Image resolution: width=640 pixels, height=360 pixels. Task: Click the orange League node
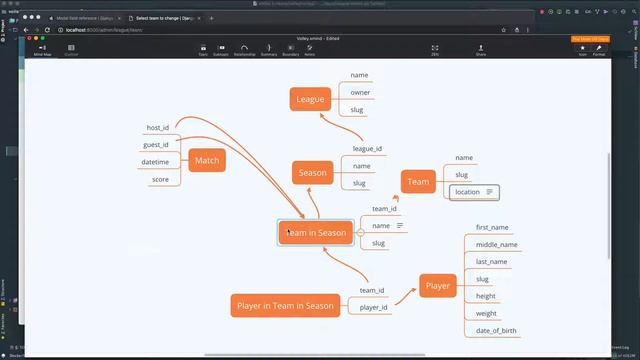tap(310, 98)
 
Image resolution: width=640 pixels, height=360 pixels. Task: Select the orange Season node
tap(312, 172)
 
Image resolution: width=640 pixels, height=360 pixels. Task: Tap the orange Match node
tap(207, 160)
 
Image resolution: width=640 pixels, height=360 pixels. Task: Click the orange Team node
tap(418, 181)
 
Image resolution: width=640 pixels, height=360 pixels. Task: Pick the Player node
tap(438, 286)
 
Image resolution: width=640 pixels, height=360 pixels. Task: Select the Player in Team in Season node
tap(285, 305)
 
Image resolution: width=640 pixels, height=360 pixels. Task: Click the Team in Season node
tap(316, 233)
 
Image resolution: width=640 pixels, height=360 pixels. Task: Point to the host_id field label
tap(158, 128)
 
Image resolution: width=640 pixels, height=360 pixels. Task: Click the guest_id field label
tap(156, 145)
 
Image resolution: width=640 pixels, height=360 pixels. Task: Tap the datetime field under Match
tap(155, 162)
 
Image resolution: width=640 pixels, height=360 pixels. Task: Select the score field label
tap(160, 179)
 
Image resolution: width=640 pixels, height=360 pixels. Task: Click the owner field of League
tap(360, 93)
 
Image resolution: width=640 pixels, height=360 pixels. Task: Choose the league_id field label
tap(367, 149)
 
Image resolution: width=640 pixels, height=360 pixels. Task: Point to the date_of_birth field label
tap(496, 331)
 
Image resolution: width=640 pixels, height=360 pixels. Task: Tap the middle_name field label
tap(496, 245)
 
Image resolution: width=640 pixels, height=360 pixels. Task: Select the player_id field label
tap(373, 307)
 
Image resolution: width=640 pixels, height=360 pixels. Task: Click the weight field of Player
tap(486, 314)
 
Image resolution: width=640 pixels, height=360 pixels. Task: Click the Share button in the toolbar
tap(481, 50)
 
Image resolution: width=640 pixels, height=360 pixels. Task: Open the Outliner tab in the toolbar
tap(72, 50)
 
